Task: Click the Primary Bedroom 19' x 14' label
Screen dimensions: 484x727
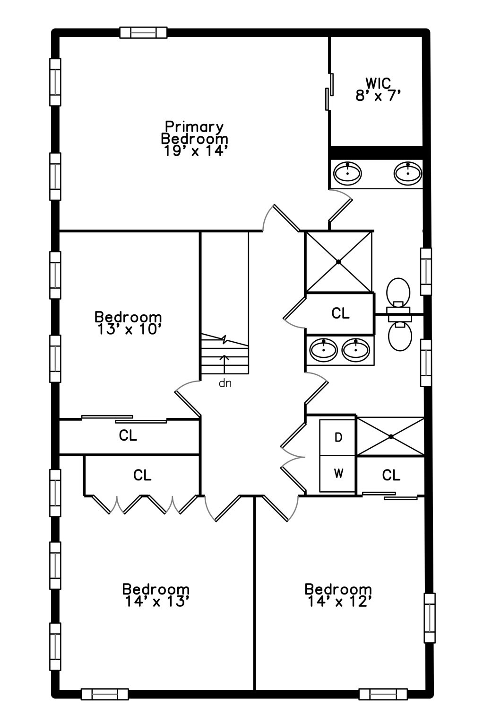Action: pyautogui.click(x=195, y=139)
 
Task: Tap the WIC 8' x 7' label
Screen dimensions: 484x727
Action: pyautogui.click(x=378, y=89)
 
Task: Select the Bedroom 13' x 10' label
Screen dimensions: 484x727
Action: pyautogui.click(x=128, y=323)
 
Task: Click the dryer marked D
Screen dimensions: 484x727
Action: pyautogui.click(x=338, y=437)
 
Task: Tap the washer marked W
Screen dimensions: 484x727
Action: pyautogui.click(x=338, y=473)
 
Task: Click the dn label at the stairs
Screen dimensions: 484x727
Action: pyautogui.click(x=225, y=383)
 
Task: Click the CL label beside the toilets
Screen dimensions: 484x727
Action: pyautogui.click(x=340, y=313)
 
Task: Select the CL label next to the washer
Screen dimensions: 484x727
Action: pyautogui.click(x=391, y=475)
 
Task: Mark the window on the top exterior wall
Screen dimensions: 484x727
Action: pyautogui.click(x=143, y=33)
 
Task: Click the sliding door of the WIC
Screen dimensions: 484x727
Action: pyautogui.click(x=330, y=92)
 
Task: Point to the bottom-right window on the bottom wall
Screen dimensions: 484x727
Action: pyautogui.click(x=383, y=694)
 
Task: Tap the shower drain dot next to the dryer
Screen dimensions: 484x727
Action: pyautogui.click(x=391, y=436)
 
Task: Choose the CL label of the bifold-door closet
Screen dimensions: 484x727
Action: pyautogui.click(x=142, y=475)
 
